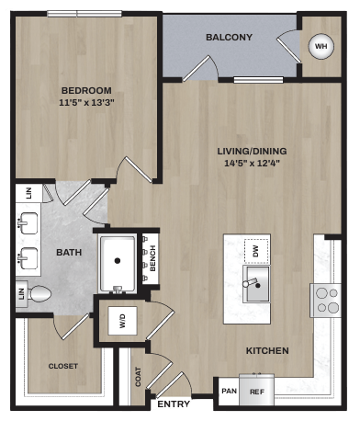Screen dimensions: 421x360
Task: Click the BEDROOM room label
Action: coord(86,90)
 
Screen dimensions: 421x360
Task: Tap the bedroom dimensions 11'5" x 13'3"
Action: coord(86,103)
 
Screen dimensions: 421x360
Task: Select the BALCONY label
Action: coord(229,38)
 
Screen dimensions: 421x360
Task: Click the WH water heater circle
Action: coord(321,45)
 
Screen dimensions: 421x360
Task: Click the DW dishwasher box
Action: coord(257,249)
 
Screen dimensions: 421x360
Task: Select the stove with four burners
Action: coord(327,300)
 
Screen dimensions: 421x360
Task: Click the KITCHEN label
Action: coord(267,350)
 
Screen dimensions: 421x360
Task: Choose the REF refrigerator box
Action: coord(257,390)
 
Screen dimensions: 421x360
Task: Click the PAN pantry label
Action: coord(228,390)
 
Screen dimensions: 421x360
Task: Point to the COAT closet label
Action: coord(138,377)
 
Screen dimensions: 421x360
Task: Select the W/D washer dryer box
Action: coord(121,321)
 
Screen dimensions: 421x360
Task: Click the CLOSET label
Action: coord(63,366)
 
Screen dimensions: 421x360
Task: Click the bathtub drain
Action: coord(117,259)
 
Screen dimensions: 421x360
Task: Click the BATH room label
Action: coord(69,252)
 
